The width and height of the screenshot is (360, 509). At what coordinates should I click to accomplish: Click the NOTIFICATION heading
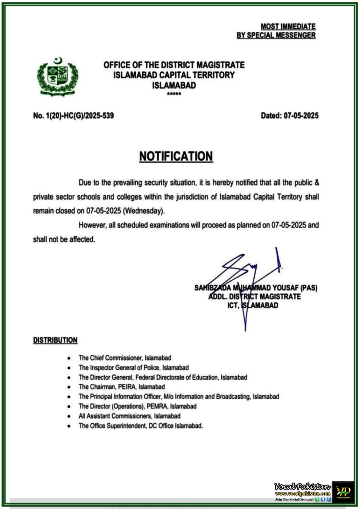tap(176, 156)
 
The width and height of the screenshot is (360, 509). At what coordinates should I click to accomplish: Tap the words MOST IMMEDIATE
tap(288, 26)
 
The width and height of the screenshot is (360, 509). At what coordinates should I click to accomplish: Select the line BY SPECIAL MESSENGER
tap(276, 35)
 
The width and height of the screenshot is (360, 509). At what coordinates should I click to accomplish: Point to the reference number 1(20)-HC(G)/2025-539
tap(80, 115)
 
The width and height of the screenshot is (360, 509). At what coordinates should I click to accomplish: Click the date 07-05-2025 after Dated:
tap(301, 115)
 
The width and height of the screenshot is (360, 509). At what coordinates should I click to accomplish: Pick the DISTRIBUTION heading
tap(55, 340)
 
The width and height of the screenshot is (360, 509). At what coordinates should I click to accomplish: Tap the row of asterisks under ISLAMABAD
tap(174, 94)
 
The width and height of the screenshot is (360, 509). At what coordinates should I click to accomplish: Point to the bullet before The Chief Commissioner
tap(69, 358)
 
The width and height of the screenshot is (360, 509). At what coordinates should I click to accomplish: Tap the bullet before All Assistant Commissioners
tap(69, 416)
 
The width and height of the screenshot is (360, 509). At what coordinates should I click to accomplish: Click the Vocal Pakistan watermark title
tap(302, 487)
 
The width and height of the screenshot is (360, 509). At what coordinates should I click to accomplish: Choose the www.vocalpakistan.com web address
tap(303, 494)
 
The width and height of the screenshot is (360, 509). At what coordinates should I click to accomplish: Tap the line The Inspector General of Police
tap(134, 367)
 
